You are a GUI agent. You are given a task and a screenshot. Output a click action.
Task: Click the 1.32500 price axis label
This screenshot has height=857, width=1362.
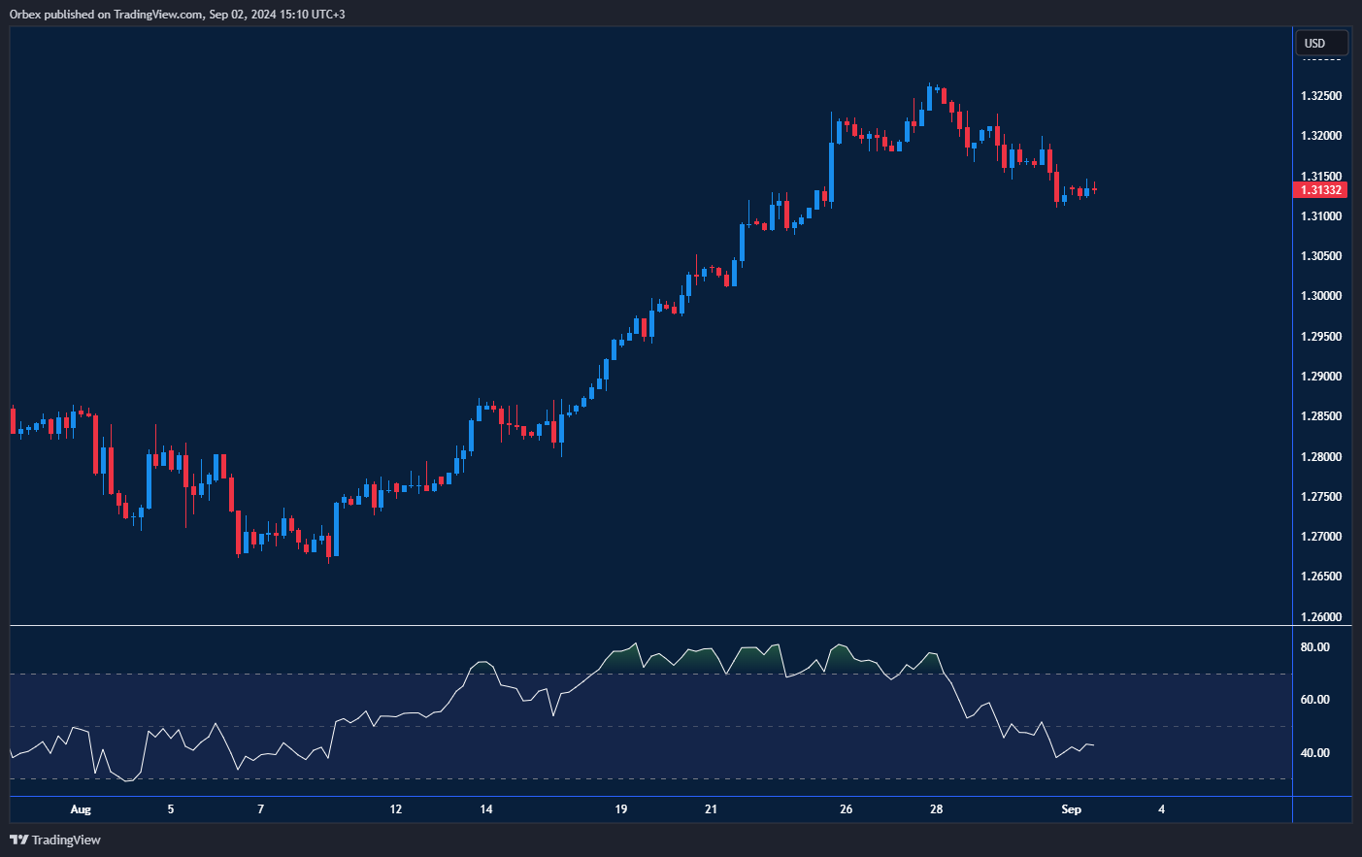pos(1320,96)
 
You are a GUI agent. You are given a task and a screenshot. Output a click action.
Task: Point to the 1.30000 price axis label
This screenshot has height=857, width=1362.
pos(1320,296)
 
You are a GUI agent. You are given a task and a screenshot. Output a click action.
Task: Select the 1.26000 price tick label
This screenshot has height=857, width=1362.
pos(1320,616)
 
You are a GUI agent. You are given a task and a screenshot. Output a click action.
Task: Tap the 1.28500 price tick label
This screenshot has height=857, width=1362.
pos(1320,416)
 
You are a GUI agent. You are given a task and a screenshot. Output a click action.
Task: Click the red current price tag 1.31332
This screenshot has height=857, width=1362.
pos(1320,190)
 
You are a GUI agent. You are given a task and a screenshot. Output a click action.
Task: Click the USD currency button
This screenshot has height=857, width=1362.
pos(1320,44)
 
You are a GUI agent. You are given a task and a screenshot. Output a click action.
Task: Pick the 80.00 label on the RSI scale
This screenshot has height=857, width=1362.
pos(1314,647)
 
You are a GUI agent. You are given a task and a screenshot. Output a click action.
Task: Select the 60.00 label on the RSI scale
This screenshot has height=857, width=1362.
pos(1314,700)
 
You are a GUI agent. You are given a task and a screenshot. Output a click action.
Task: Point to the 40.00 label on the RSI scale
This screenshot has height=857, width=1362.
pos(1314,753)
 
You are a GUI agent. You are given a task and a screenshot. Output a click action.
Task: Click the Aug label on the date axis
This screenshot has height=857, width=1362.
pos(81,809)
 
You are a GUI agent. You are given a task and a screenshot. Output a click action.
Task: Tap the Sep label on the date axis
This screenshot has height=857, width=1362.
pos(1071,809)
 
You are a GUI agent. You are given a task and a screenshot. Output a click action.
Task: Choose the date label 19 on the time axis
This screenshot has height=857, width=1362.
pos(621,809)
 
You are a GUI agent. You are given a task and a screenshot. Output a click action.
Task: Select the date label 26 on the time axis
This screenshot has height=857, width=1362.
pos(847,809)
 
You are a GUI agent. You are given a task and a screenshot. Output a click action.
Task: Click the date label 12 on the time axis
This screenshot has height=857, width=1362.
pos(396,809)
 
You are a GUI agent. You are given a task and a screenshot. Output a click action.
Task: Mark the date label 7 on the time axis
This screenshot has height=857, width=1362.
pos(260,809)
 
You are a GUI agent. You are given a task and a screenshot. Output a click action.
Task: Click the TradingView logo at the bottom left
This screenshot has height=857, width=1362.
pos(55,840)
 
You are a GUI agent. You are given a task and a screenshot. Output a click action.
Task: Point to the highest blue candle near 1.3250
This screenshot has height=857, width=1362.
pos(929,98)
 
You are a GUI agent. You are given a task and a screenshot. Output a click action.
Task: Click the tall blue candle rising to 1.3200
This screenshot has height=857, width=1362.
pos(832,171)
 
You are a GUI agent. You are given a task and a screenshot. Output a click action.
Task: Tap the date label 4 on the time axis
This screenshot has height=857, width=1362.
pos(1161,809)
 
